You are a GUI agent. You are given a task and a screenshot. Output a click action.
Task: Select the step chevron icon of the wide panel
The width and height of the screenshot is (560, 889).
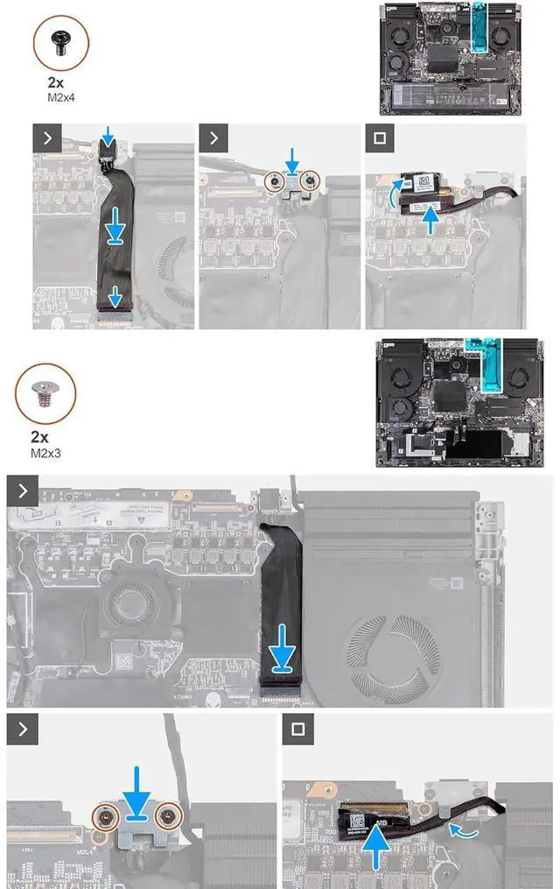(x=22, y=492)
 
